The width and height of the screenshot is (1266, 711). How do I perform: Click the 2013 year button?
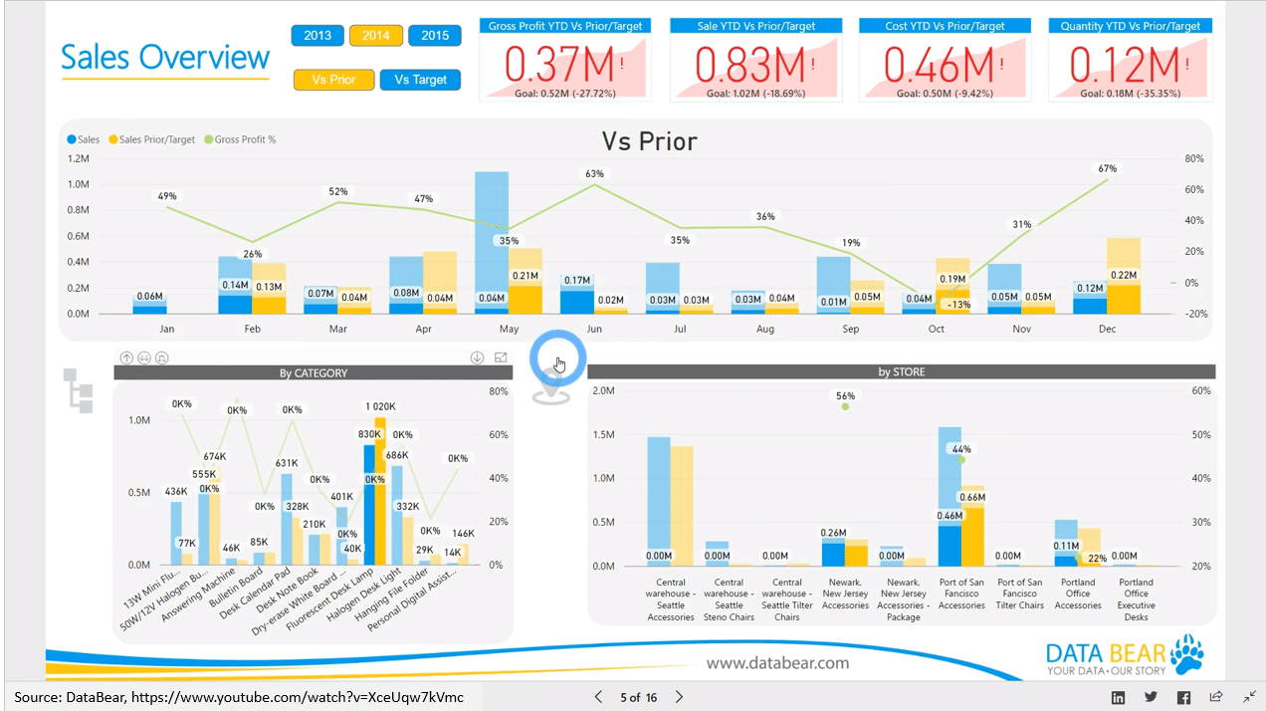(x=317, y=36)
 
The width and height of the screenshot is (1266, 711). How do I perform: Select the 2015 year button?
(x=435, y=36)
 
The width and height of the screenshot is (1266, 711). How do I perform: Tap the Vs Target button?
(x=420, y=80)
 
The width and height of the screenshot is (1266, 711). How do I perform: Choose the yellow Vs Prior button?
(x=333, y=80)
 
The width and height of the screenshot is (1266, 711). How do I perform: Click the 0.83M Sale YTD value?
(x=749, y=65)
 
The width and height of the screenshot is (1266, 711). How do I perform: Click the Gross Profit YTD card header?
(x=565, y=26)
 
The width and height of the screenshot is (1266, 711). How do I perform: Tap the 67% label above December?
(x=1107, y=168)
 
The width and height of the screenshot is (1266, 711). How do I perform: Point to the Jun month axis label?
(x=594, y=329)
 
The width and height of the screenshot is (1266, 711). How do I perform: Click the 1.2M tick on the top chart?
(x=78, y=158)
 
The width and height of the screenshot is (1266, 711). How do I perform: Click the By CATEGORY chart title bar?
(x=313, y=373)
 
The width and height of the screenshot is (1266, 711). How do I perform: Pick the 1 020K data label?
(x=380, y=406)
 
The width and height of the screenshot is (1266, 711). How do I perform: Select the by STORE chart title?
(x=901, y=372)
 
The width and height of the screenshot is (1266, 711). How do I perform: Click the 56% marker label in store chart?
(x=846, y=395)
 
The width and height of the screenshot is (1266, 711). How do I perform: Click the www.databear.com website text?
(x=778, y=662)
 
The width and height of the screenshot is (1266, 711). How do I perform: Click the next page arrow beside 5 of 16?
(x=679, y=697)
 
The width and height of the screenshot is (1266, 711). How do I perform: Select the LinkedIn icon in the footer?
(x=1118, y=697)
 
